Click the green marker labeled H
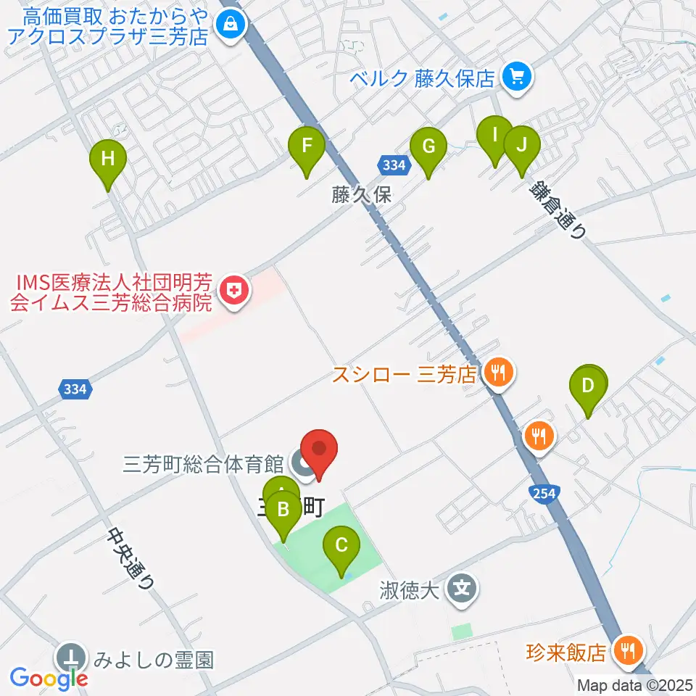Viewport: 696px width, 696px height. [x=108, y=159]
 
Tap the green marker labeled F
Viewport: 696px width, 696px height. [x=307, y=146]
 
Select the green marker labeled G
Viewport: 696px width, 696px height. [x=428, y=147]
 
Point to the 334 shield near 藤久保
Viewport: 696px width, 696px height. [x=393, y=165]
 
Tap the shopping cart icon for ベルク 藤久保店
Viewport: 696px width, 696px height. [x=516, y=75]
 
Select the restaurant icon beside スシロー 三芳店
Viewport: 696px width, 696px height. [x=497, y=373]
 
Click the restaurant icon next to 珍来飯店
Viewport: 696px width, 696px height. [x=625, y=650]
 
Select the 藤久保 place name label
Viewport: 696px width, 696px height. [x=362, y=194]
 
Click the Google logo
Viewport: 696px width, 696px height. [x=49, y=679]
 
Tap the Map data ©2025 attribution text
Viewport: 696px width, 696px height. [x=635, y=685]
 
